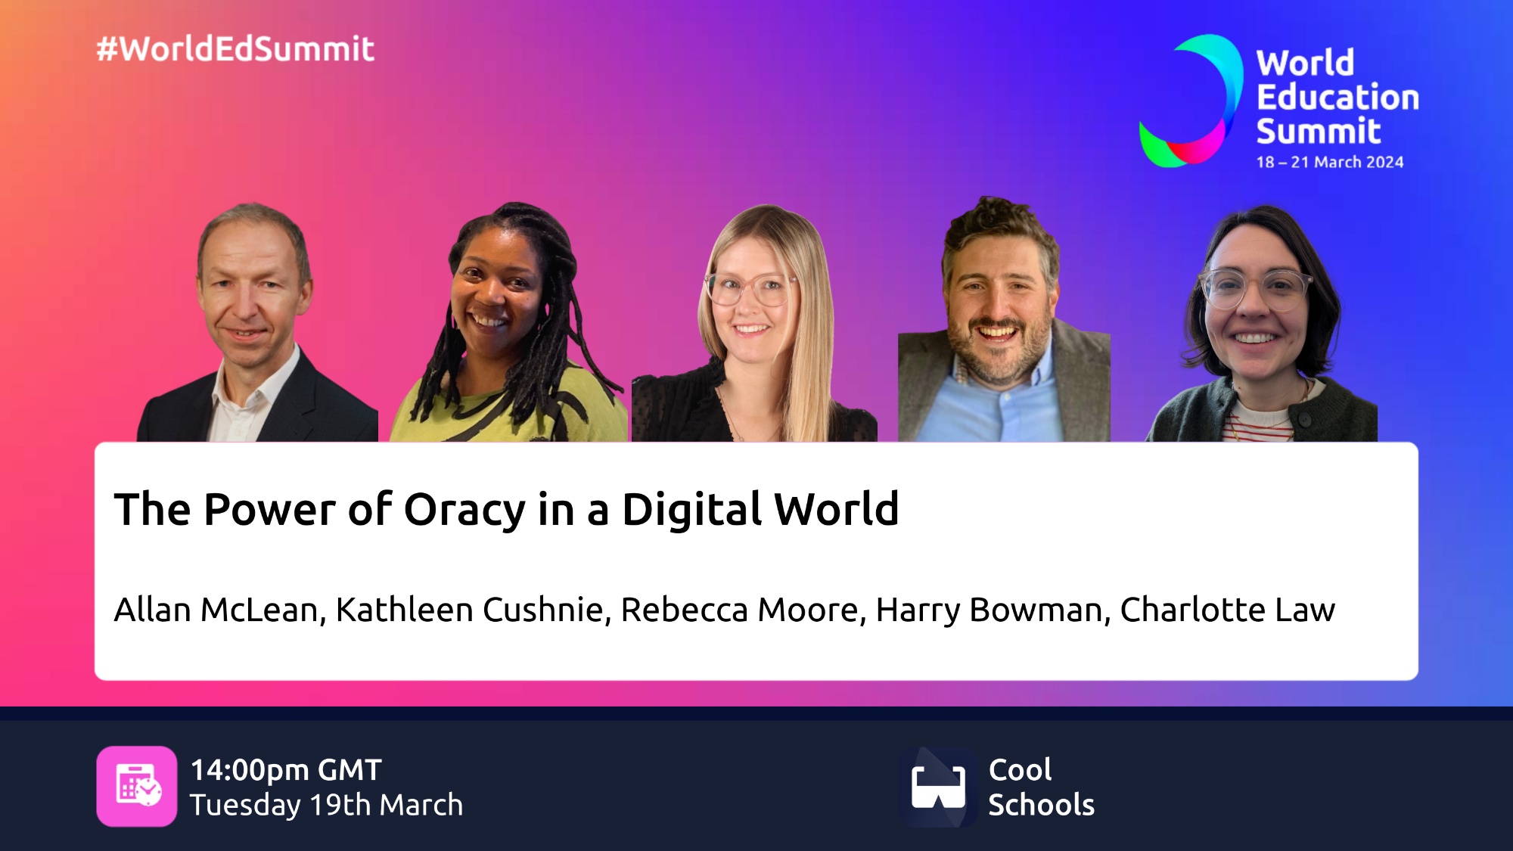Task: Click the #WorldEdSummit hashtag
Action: pos(235,49)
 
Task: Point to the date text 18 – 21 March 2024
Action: pos(1330,162)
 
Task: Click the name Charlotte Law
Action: pos(1228,610)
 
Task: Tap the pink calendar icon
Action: pos(137,787)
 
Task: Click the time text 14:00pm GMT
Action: pos(286,770)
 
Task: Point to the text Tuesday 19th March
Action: pos(326,805)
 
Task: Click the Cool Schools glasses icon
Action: pos(938,787)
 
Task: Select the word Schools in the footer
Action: pos(1042,805)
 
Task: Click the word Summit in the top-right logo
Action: pos(1319,131)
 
